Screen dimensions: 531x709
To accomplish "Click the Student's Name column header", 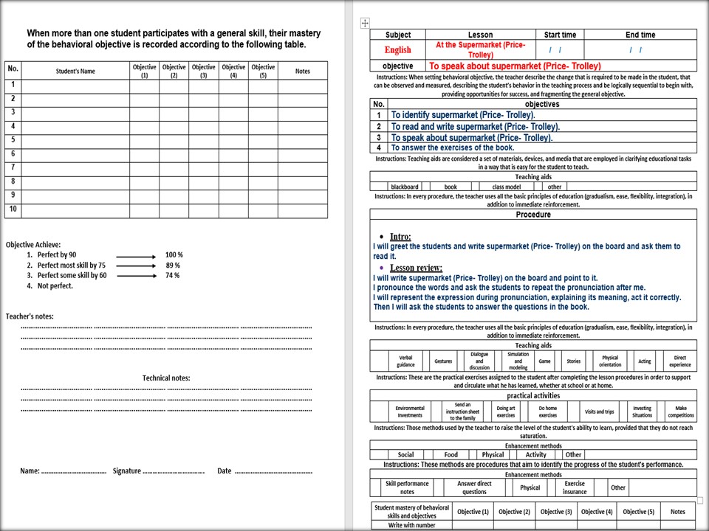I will tap(75, 72).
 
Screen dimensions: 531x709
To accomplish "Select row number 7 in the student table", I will tap(13, 167).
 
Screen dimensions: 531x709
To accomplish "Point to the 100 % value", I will tap(173, 255).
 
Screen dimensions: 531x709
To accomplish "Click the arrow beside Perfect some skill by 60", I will tap(137, 276).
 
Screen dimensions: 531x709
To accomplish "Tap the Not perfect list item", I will tap(55, 286).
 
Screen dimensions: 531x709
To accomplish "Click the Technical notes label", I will tap(166, 378).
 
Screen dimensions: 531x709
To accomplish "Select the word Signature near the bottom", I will tap(126, 471).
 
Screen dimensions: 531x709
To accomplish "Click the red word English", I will tap(397, 50).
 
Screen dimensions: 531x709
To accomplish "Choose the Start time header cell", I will tap(560, 35).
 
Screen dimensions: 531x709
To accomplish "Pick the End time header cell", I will tap(640, 35).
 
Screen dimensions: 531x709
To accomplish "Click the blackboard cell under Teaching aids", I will tap(405, 187).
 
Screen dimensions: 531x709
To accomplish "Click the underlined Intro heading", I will tap(400, 237).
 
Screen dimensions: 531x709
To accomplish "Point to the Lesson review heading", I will tap(416, 268).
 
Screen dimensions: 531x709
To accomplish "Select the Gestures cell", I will tap(443, 361).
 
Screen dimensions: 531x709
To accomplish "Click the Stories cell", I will tap(574, 361).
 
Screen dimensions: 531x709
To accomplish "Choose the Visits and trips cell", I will tap(599, 412).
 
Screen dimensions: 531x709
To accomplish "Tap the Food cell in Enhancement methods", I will tap(451, 455).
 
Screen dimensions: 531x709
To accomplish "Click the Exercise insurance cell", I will tap(575, 487).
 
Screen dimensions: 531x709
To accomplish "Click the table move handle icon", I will tap(364, 23).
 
